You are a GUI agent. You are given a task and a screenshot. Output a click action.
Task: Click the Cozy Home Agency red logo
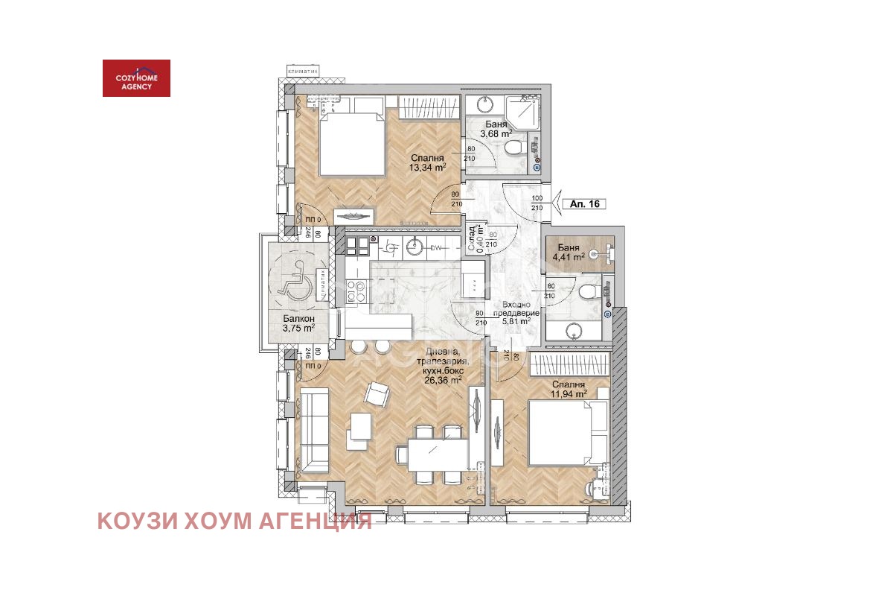136,78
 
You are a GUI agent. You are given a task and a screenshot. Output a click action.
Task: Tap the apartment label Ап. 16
584,203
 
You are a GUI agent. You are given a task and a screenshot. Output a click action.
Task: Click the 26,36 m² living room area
443,379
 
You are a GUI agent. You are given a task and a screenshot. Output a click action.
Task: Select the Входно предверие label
516,309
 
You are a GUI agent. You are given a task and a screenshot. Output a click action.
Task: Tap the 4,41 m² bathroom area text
568,259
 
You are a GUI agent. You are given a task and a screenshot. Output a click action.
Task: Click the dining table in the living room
432,452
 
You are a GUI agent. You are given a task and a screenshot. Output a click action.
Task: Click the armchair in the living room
377,394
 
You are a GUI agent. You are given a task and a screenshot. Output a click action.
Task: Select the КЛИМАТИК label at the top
302,72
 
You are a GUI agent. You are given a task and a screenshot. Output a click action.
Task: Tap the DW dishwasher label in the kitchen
437,247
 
